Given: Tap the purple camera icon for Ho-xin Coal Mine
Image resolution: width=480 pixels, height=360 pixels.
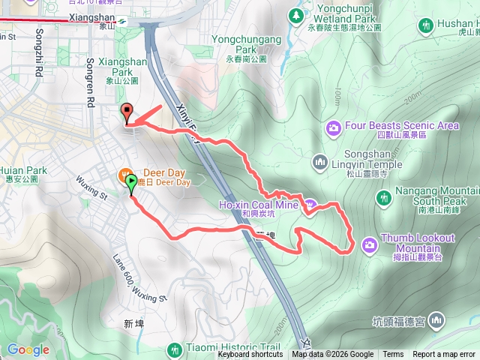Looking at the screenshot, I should pyautogui.click(x=309, y=204).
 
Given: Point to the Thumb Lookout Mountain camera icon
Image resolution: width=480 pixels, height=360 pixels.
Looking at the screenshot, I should pyautogui.click(x=370, y=244).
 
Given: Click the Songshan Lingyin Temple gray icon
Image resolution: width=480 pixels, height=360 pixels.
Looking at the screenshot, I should pyautogui.click(x=321, y=160).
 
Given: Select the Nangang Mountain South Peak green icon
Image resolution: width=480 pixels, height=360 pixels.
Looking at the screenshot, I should pyautogui.click(x=384, y=197).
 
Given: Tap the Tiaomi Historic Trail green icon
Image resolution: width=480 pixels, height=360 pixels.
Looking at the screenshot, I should pyautogui.click(x=175, y=349).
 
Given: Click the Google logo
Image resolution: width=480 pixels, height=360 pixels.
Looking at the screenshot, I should pyautogui.click(x=28, y=349).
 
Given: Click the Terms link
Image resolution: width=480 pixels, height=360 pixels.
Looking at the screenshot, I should pyautogui.click(x=393, y=355).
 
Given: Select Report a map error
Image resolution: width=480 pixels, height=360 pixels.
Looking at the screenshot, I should pyautogui.click(x=445, y=355).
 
